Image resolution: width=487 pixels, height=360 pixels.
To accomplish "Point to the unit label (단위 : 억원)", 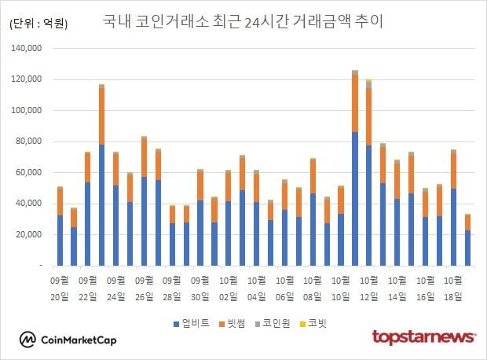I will point(38,24).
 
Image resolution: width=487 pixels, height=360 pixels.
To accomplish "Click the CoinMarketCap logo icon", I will point(29,339).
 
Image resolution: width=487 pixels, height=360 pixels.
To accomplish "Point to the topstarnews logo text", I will point(424,337).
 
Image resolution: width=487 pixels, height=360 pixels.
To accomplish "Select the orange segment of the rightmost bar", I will point(467,222).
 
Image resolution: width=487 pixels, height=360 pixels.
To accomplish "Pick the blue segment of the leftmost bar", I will point(60,241).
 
